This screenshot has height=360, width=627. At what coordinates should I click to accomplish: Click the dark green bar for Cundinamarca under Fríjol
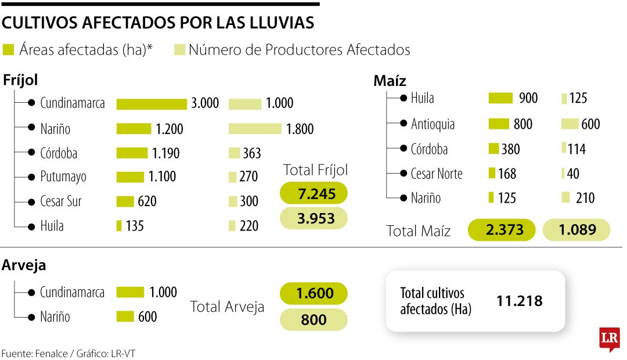point(152,104)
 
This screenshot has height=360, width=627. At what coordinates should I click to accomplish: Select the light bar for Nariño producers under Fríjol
point(255,128)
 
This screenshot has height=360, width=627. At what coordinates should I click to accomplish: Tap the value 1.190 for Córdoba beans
point(166,153)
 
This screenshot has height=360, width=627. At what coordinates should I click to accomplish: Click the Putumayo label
point(63,177)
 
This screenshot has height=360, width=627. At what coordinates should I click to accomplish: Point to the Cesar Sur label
point(61,201)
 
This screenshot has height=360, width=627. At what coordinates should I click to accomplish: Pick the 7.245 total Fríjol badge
point(313,193)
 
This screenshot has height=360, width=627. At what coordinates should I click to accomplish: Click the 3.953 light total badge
point(313,218)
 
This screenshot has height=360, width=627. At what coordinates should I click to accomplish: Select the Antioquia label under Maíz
point(433,124)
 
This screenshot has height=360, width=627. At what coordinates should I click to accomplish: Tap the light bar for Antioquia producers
point(570,124)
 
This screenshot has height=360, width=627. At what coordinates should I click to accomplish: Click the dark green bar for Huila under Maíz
point(501,99)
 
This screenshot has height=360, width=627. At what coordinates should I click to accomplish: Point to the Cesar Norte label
point(436,173)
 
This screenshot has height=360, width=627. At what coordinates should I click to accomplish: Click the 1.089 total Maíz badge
point(576,230)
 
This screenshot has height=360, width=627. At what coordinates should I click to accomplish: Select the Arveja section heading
point(24,265)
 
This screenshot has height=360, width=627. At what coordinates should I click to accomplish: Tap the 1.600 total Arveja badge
point(313,293)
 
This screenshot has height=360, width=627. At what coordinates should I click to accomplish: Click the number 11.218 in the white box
point(520,301)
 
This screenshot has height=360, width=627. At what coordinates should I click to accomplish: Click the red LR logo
point(610,339)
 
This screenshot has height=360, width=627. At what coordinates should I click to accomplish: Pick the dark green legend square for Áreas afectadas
point(8,50)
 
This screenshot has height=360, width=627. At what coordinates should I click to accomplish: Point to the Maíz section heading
point(390,81)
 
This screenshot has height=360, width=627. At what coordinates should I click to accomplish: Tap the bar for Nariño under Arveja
point(125,317)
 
